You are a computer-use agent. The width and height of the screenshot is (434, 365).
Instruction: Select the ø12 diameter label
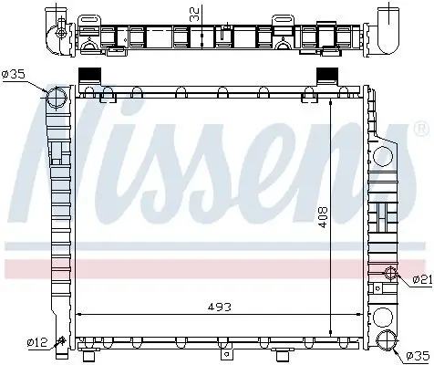pos(37,342)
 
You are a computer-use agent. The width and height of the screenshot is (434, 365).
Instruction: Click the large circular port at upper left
pos(57,98)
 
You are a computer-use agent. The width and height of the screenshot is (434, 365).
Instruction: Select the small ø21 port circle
pos(389,274)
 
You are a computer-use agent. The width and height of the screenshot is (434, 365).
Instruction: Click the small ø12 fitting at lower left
pos(61,343)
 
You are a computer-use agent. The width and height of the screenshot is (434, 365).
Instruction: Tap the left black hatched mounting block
pos(91,78)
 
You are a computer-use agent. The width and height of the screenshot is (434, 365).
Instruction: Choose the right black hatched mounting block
pos(325,78)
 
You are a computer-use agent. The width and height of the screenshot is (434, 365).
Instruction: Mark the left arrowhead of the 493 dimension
pos(77,313)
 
